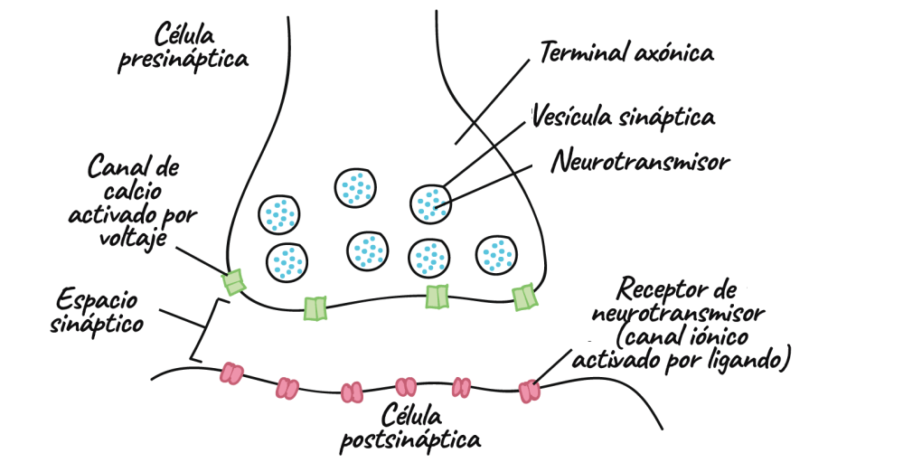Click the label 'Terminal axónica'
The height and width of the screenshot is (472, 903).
click(626, 52)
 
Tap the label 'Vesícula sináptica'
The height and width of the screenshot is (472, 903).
click(624, 116)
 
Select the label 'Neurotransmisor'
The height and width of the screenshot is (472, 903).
click(640, 164)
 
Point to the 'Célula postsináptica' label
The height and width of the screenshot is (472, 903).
click(409, 429)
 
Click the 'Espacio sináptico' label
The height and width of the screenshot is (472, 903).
click(97, 309)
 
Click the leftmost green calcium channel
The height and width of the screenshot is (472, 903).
click(234, 282)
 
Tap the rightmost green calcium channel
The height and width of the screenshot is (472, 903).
click(524, 297)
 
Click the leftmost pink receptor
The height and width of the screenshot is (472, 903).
click(232, 373)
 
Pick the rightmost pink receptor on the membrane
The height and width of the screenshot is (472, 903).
click(529, 391)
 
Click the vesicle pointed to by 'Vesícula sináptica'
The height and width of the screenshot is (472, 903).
click(431, 203)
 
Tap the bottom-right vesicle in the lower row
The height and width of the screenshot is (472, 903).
click(496, 255)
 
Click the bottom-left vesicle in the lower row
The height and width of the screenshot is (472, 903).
click(287, 261)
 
